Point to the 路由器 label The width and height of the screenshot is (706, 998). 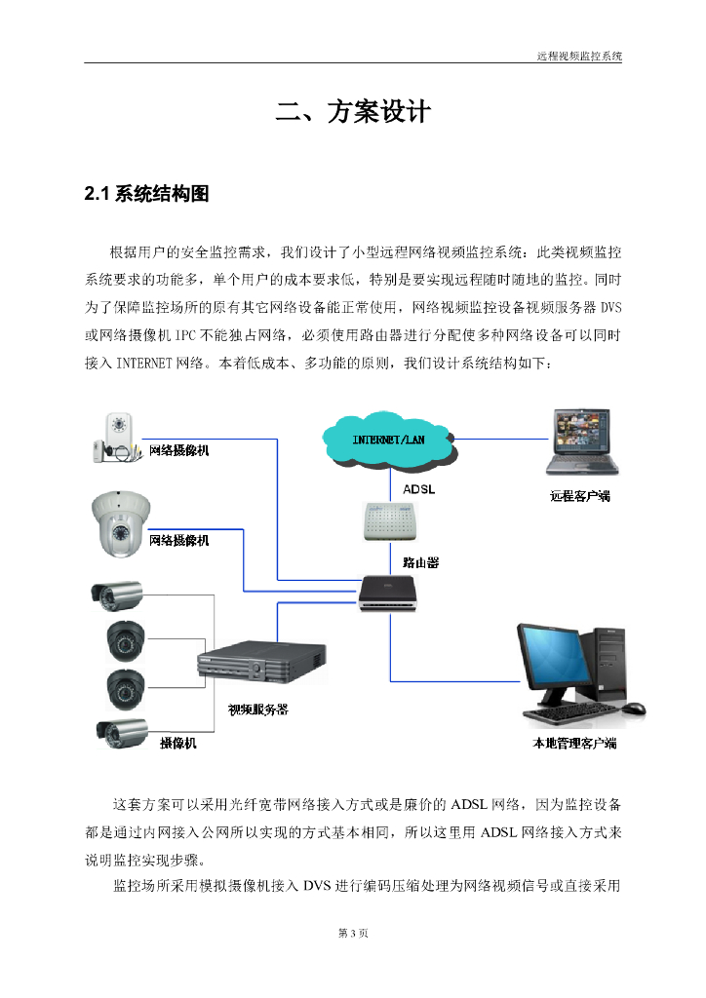coord(420,562)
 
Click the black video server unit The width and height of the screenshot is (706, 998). coord(261,668)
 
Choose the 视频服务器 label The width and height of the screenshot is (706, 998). coord(257,710)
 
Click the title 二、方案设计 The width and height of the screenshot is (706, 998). coord(352,112)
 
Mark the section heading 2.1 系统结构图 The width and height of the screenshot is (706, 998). coord(147,193)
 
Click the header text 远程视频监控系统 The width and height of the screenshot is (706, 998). coord(579,57)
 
